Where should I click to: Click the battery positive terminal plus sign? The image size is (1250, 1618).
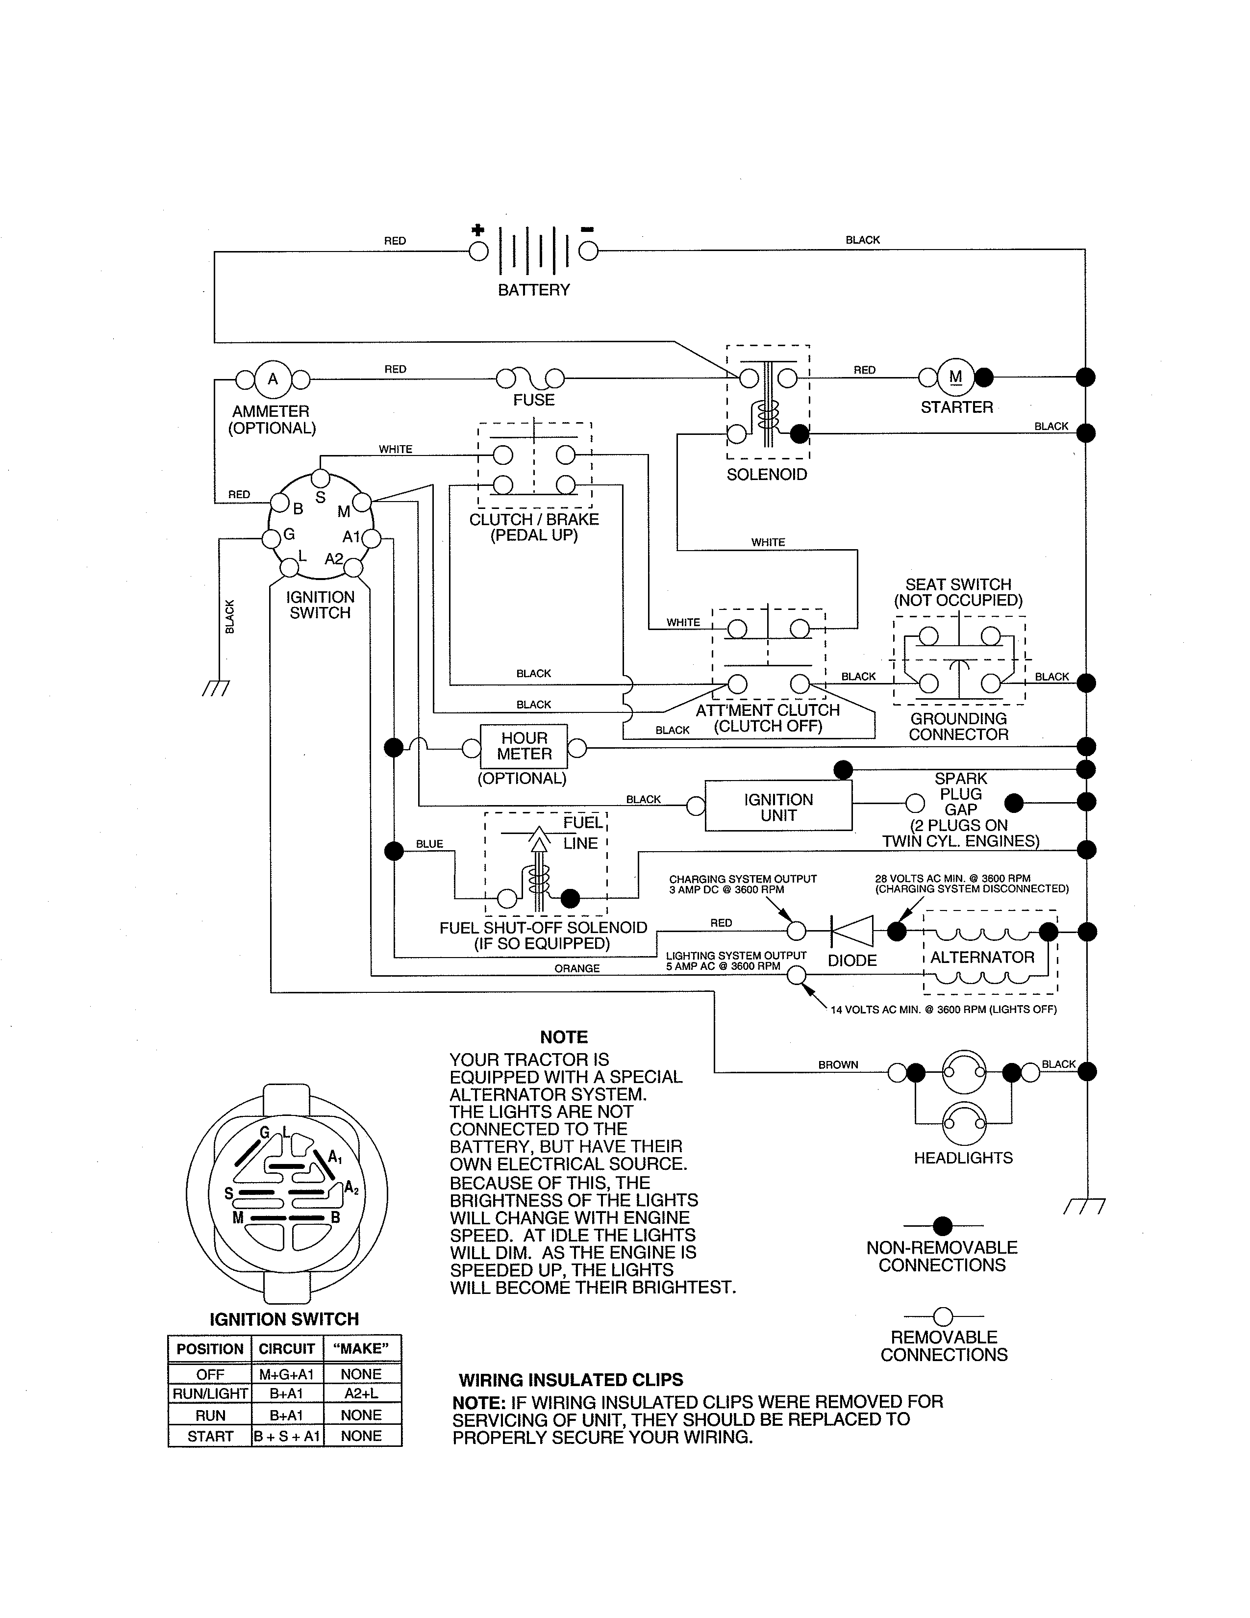478,230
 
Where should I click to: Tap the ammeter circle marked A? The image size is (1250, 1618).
273,379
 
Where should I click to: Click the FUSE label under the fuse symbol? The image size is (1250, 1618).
533,400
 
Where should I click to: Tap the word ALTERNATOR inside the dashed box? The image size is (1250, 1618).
982,957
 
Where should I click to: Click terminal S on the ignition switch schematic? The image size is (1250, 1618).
321,497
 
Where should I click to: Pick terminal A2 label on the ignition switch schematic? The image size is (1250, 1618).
334,558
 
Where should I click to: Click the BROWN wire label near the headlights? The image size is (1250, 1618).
838,1064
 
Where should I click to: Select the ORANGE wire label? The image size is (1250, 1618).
577,968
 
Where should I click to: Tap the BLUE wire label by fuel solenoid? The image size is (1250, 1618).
429,844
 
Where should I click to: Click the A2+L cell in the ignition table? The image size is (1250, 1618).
361,1393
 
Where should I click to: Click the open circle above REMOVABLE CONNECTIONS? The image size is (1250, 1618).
943,1316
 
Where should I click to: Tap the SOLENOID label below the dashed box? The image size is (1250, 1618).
767,475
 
